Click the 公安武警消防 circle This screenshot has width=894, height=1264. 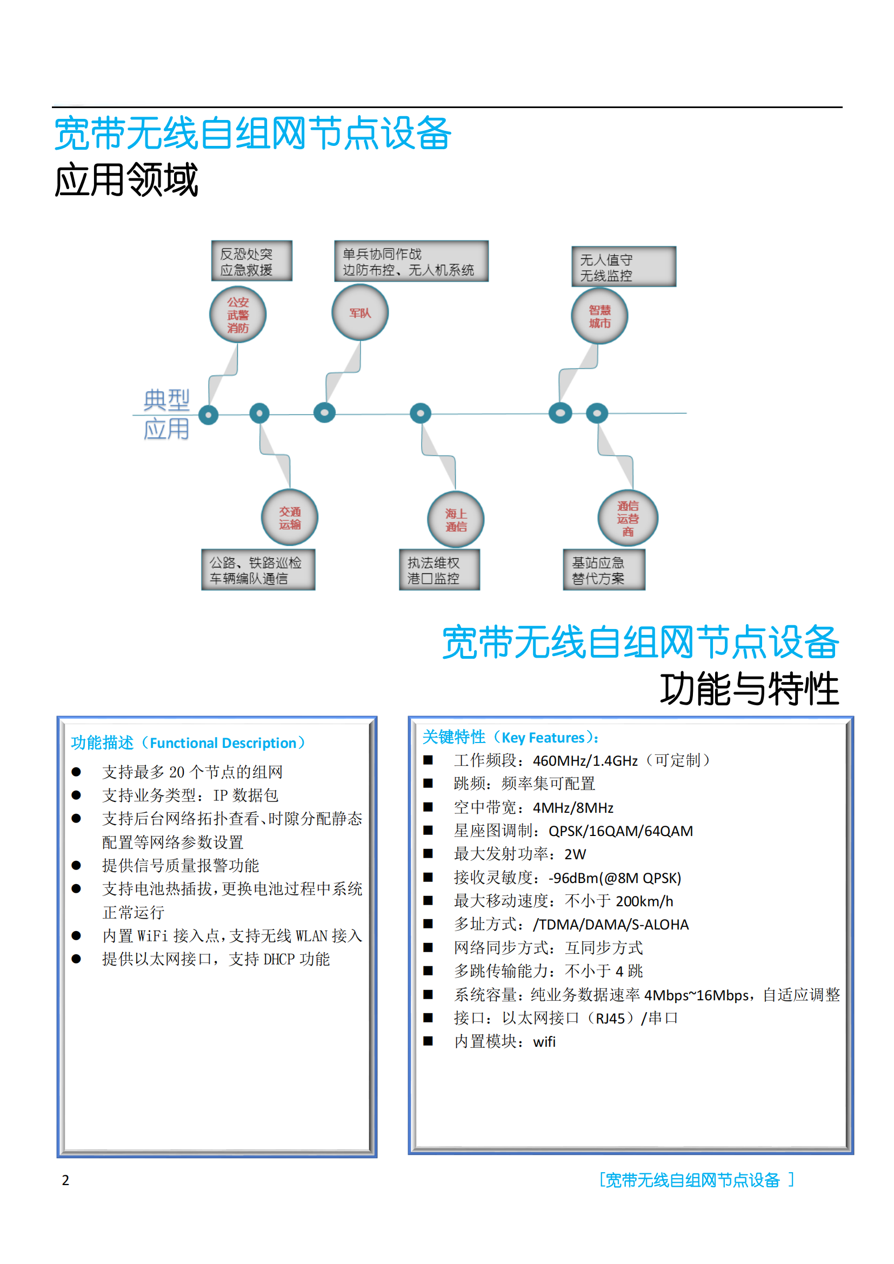pyautogui.click(x=238, y=315)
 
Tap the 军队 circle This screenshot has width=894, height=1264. pyautogui.click(x=360, y=313)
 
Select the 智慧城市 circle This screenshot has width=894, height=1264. pyautogui.click(x=599, y=316)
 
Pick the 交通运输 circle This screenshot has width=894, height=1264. pyautogui.click(x=290, y=518)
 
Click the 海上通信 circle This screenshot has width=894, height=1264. pyautogui.click(x=456, y=520)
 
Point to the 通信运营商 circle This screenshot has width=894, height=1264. pyautogui.click(x=628, y=518)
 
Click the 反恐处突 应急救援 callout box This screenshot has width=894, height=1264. pyautogui.click(x=252, y=261)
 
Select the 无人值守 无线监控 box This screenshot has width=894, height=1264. pyautogui.click(x=624, y=266)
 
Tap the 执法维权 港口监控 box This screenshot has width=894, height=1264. pyautogui.click(x=439, y=569)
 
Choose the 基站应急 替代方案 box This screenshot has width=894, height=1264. pyautogui.click(x=604, y=569)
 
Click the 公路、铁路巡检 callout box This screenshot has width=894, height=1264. pyautogui.click(x=258, y=569)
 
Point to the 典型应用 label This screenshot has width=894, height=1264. pyautogui.click(x=166, y=414)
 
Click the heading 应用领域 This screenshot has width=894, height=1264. pyautogui.click(x=126, y=179)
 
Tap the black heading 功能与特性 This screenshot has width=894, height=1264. pyautogui.click(x=749, y=688)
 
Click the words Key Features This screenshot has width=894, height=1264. pyautogui.click(x=543, y=737)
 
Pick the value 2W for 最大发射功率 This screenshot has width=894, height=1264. pyautogui.click(x=575, y=854)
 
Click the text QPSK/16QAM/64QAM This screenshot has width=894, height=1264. pyautogui.click(x=621, y=831)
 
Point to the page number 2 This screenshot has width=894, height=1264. pyautogui.click(x=65, y=1180)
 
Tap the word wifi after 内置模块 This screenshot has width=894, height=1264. pyautogui.click(x=544, y=1041)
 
